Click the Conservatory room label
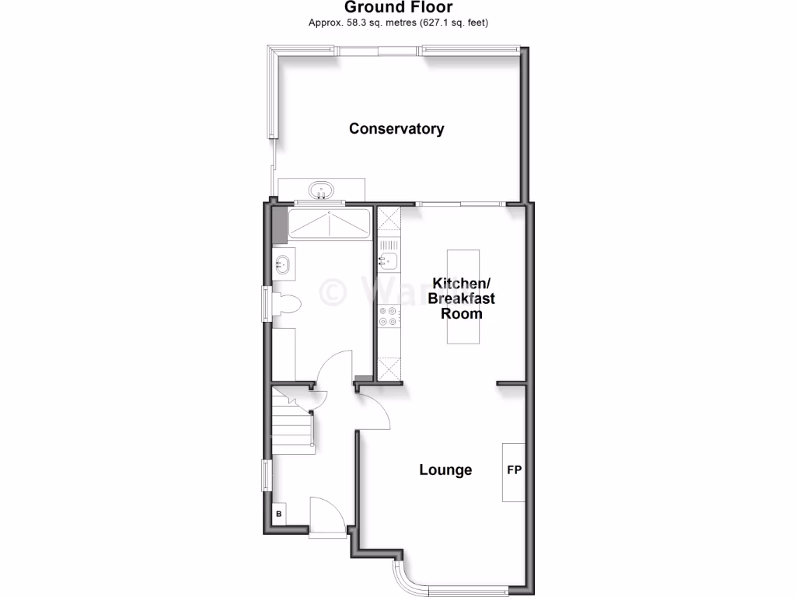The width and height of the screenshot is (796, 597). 396,129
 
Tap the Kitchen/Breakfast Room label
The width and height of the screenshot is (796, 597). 463,298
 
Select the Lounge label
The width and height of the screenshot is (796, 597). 445,470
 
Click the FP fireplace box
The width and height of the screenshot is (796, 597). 514,471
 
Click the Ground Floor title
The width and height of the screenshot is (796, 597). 398,8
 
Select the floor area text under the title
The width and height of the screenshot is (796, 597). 398,23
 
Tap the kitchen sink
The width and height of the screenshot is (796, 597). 388,260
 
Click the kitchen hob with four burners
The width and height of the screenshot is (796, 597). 388,316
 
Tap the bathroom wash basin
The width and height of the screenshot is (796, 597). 282,264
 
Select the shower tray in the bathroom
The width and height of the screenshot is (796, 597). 329,225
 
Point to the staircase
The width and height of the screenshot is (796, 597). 292,424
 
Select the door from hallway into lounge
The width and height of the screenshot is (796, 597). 375,410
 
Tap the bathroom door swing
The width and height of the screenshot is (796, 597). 336,368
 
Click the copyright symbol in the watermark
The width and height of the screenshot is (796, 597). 334,292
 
